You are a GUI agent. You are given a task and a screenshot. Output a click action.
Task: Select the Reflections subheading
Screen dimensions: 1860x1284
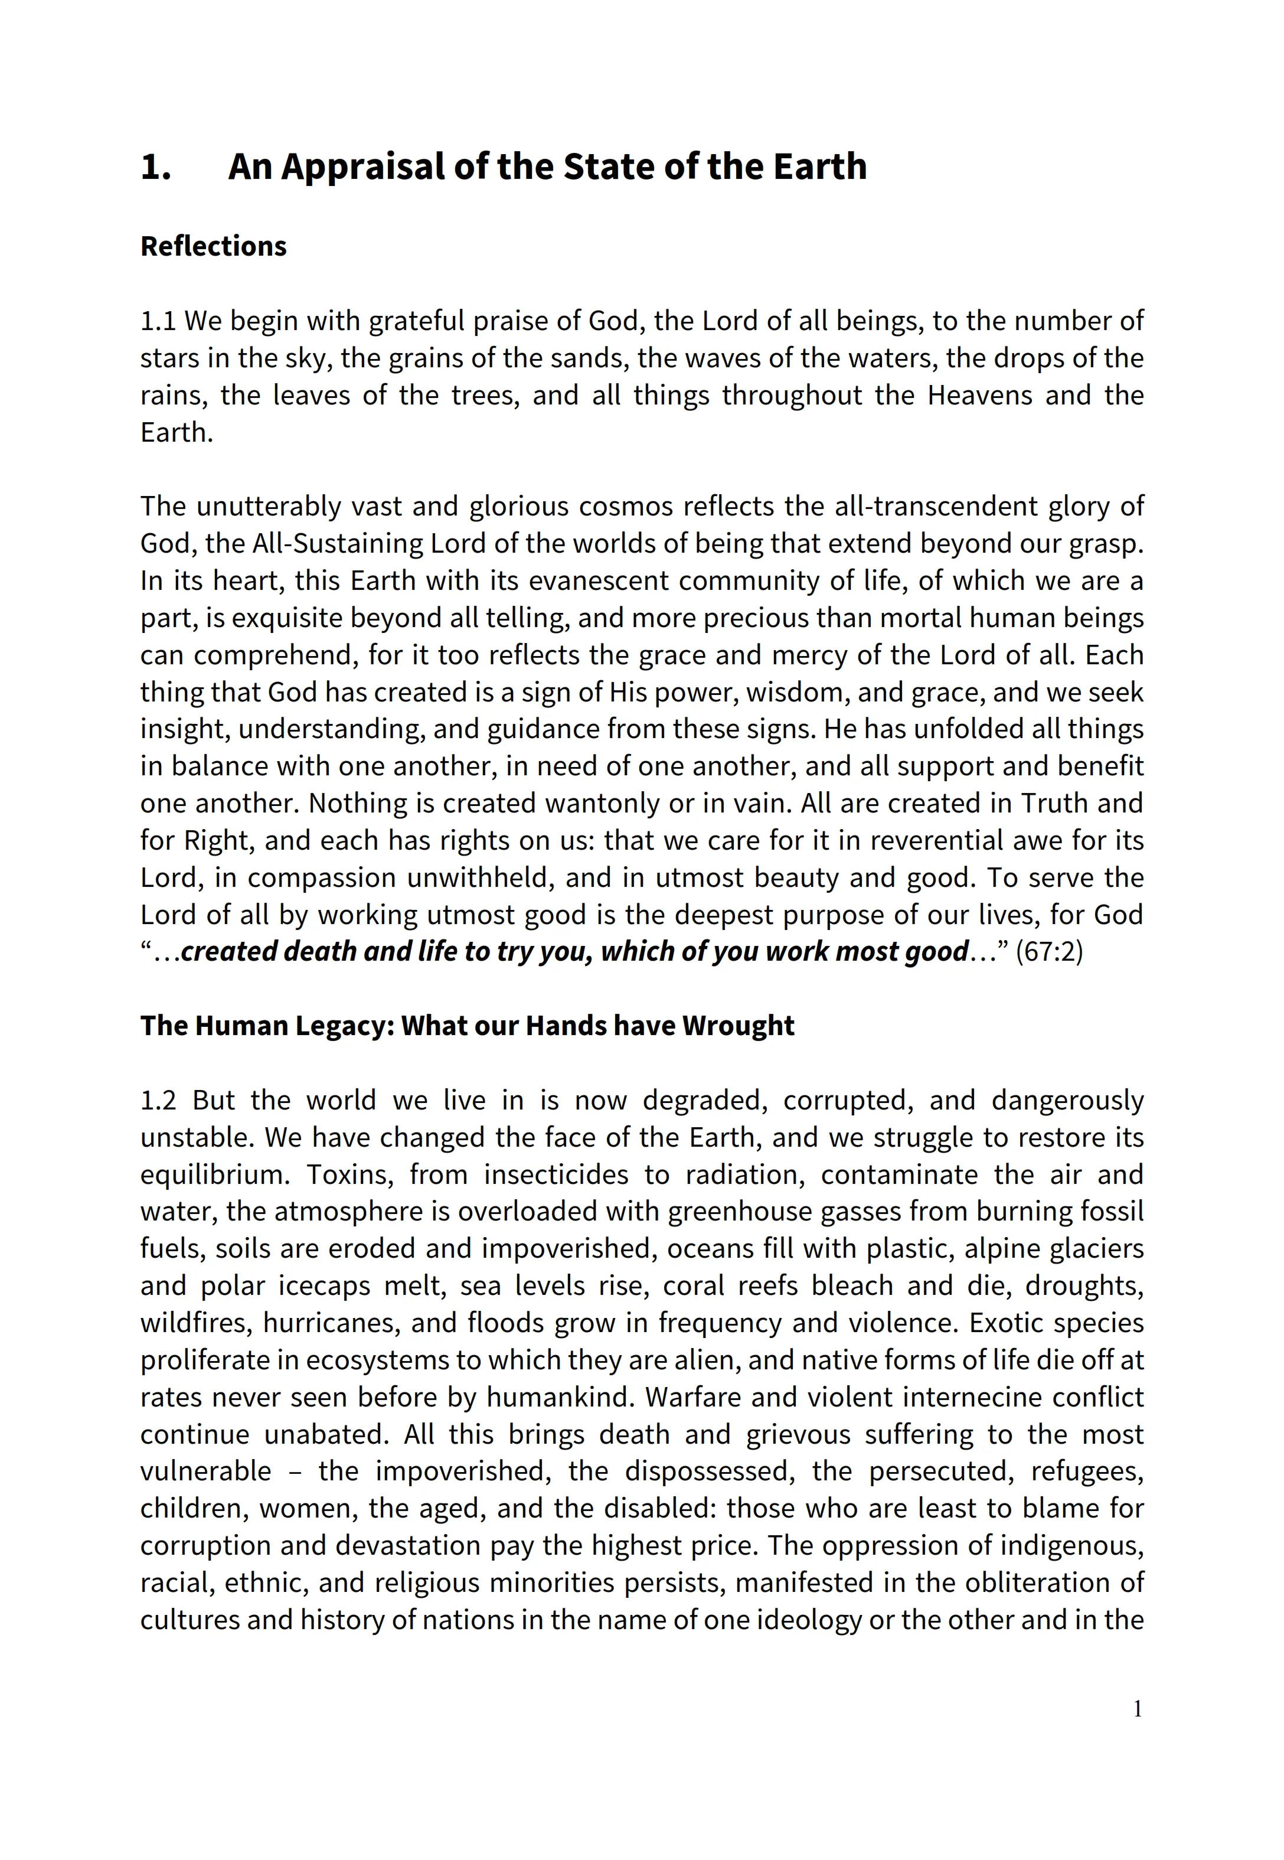point(213,246)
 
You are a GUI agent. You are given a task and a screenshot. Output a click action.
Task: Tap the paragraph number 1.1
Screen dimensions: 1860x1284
point(158,321)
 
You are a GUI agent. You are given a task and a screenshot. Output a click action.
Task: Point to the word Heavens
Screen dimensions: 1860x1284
point(979,396)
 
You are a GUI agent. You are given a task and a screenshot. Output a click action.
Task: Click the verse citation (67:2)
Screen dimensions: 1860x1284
point(1049,952)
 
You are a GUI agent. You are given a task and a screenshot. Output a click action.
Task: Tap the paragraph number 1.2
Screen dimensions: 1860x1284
point(158,1101)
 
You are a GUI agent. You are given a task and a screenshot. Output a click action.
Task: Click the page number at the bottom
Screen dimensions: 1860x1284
point(1138,1732)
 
